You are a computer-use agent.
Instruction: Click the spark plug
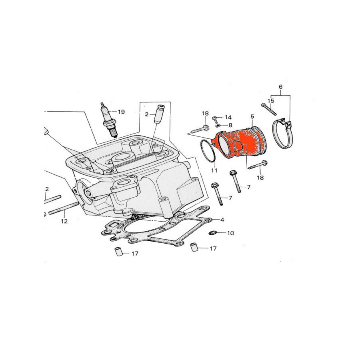pyautogui.click(x=109, y=120)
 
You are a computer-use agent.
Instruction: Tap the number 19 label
pyautogui.click(x=121, y=112)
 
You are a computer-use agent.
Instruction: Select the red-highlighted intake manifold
pyautogui.click(x=240, y=144)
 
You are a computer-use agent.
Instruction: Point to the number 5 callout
pyautogui.click(x=252, y=117)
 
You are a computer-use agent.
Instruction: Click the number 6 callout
pyautogui.click(x=280, y=87)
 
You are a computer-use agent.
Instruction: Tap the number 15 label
pyautogui.click(x=271, y=101)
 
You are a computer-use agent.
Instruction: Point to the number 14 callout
pyautogui.click(x=228, y=117)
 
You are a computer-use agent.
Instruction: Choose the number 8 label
pyautogui.click(x=230, y=125)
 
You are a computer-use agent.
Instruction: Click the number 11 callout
pyautogui.click(x=214, y=170)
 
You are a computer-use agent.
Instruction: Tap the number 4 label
pyautogui.click(x=222, y=220)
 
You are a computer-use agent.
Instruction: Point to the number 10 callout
pyautogui.click(x=230, y=233)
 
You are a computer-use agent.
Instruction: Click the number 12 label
pyautogui.click(x=64, y=221)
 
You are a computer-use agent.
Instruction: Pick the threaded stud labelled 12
pyautogui.click(x=64, y=207)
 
